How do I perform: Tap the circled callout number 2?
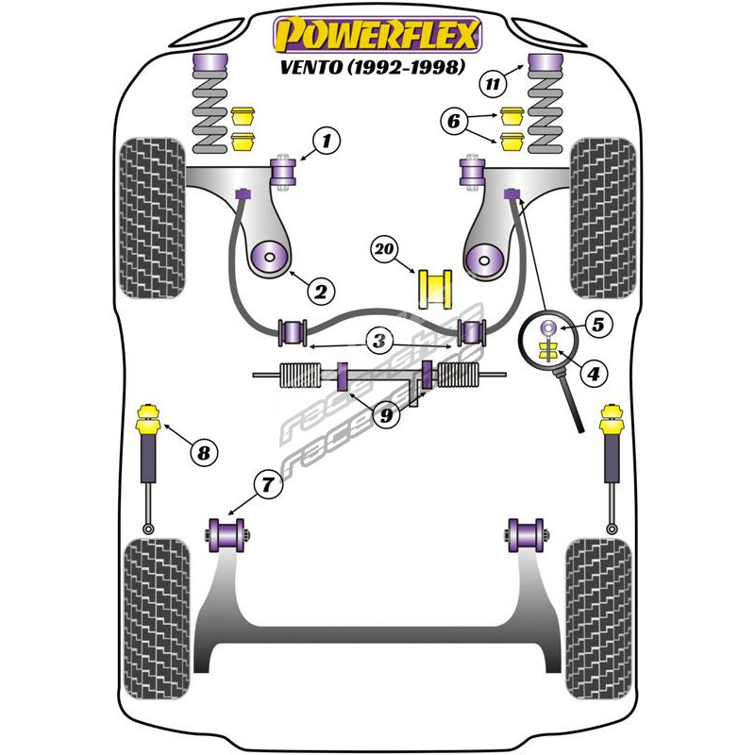coord(320,292)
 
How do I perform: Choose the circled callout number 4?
coord(593,375)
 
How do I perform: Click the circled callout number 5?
coord(598,325)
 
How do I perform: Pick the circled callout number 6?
coord(453,121)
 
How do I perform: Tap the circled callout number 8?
coord(202,453)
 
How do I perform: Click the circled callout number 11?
coord(491,84)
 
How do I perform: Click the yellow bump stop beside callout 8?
coord(148,416)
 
